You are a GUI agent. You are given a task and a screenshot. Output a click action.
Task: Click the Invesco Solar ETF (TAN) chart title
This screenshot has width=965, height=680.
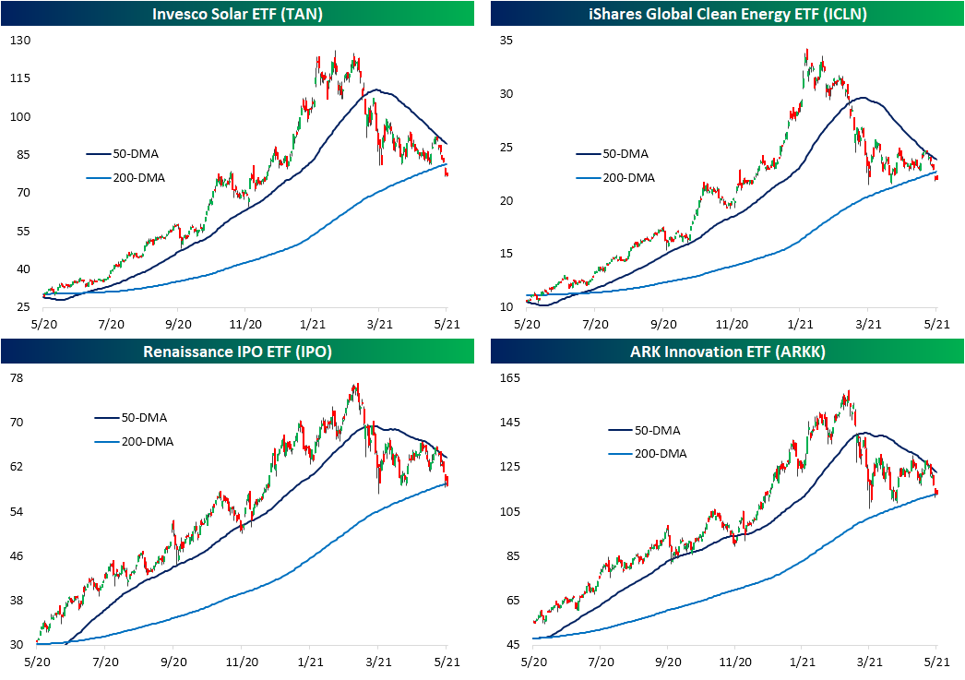(x=239, y=13)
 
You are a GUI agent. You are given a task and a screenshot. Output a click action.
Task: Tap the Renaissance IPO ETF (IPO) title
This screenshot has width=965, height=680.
(x=239, y=352)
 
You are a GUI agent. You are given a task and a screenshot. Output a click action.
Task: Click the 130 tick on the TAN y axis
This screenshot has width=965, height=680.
(x=19, y=42)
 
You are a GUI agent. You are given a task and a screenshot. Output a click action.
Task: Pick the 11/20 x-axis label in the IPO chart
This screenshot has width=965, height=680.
(x=244, y=662)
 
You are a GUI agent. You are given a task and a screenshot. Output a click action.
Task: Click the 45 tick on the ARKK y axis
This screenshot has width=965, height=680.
(x=509, y=645)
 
